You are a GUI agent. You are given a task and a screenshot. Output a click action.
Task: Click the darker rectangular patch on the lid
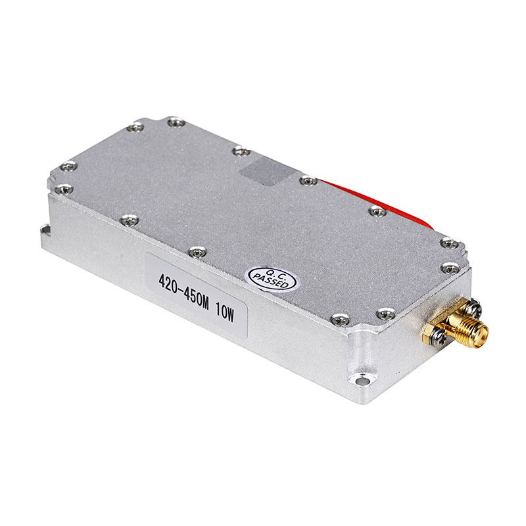267,170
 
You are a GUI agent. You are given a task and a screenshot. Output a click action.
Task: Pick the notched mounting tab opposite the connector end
46,229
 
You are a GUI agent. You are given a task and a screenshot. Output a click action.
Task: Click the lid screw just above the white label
195,251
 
